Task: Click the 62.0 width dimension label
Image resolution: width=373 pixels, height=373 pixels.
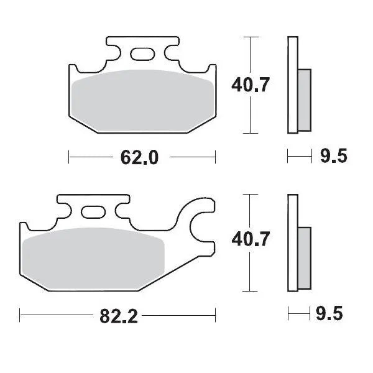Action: [x=141, y=158]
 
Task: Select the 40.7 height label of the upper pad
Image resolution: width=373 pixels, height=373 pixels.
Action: [x=250, y=84]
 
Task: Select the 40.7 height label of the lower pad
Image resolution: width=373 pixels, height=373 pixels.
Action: [x=250, y=239]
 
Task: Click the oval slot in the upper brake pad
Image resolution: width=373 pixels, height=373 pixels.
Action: [x=142, y=55]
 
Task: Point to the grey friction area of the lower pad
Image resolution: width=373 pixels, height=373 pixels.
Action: [x=93, y=255]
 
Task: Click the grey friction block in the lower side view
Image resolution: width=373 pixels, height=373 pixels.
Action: [x=303, y=255]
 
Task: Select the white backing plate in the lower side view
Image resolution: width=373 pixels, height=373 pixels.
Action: [x=290, y=242]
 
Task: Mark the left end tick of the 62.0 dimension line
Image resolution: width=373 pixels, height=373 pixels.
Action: [x=69, y=158]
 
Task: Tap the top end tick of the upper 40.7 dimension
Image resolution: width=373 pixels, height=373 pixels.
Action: [x=250, y=38]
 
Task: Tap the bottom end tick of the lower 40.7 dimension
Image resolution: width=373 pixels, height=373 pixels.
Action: [x=250, y=291]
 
